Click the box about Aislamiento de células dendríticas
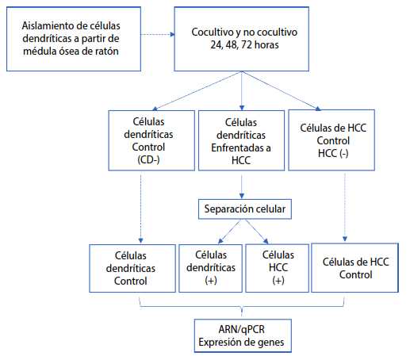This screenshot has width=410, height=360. pyautogui.click(x=74, y=39)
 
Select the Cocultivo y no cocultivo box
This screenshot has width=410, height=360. pyautogui.click(x=241, y=39)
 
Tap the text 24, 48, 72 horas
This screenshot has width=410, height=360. pyautogui.click(x=244, y=45)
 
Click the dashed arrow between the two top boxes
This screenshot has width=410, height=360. pyautogui.click(x=158, y=34)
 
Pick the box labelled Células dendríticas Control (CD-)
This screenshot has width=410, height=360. pyautogui.click(x=151, y=140)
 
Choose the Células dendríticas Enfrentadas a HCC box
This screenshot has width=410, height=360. pyautogui.click(x=241, y=140)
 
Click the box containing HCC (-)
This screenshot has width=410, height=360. pyautogui.click(x=331, y=140)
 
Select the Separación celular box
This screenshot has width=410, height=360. pyautogui.click(x=245, y=209)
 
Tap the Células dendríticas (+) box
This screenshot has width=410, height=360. pyautogui.click(x=210, y=268)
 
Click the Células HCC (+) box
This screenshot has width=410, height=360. pyautogui.click(x=277, y=268)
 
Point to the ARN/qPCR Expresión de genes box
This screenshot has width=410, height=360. pyautogui.click(x=243, y=335)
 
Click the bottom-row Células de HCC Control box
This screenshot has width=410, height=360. pyautogui.click(x=354, y=268)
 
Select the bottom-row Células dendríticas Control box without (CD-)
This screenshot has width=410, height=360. pyautogui.click(x=132, y=268)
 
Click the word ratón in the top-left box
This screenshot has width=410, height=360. pyautogui.click(x=107, y=52)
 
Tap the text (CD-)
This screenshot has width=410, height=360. pyautogui.click(x=148, y=160)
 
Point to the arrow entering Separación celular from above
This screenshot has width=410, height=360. pyautogui.click(x=241, y=187)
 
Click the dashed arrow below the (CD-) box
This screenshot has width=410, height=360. pyautogui.click(x=140, y=209)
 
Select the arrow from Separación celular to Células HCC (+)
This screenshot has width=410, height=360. pyautogui.click(x=257, y=232)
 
